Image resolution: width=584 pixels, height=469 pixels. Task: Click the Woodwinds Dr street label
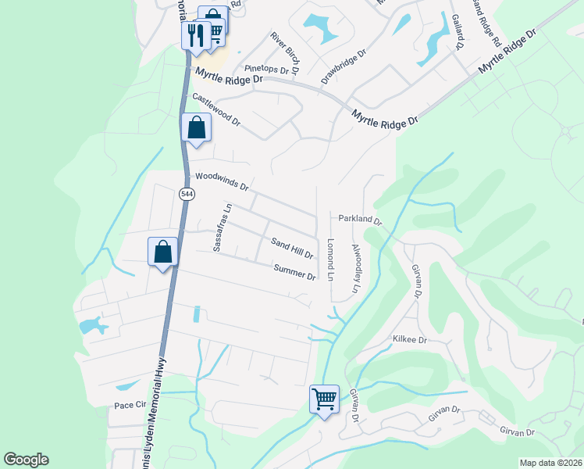221,181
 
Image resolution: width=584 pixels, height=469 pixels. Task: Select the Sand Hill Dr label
291,249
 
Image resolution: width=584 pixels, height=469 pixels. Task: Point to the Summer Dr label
294,271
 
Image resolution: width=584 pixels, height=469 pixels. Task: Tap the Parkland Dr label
360,219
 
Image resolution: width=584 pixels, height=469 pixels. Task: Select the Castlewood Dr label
216,110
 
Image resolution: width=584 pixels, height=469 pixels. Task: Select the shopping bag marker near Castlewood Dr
196,127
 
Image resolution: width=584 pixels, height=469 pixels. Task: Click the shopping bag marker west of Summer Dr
162,252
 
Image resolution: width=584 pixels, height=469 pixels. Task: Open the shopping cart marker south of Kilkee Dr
324,399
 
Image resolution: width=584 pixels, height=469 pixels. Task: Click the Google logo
26,460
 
